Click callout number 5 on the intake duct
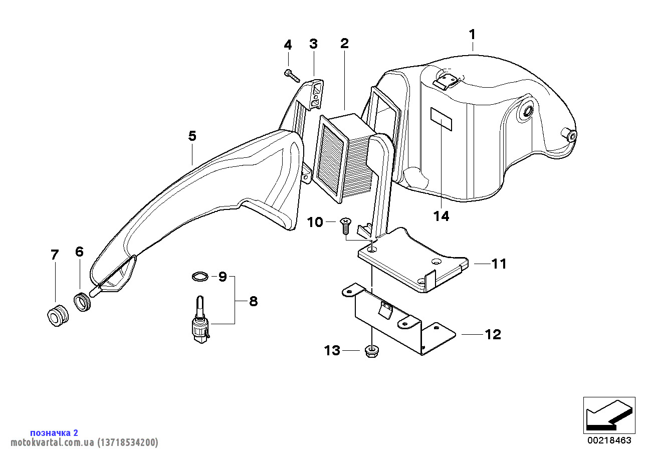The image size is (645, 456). (x=192, y=136)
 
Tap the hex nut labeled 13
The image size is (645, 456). (x=371, y=352)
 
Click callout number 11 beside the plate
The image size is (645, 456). (x=499, y=264)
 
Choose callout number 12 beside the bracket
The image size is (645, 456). (x=493, y=334)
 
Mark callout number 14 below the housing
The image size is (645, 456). (x=442, y=216)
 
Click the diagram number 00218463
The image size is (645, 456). (x=609, y=440)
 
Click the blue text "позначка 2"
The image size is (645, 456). (x=54, y=432)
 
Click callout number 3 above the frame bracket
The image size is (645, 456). (x=313, y=44)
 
